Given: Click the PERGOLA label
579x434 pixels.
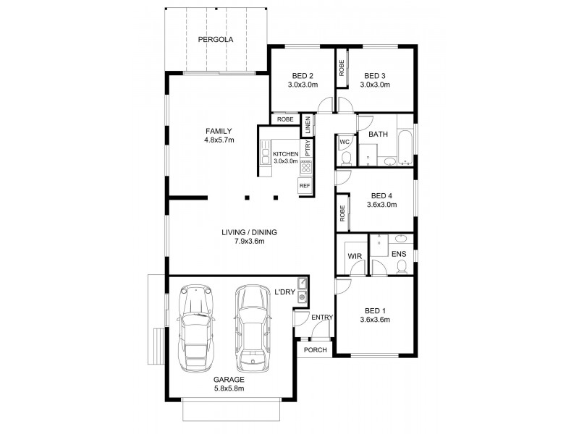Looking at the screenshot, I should tap(217, 40).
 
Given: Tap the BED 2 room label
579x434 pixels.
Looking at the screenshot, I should tap(302, 75).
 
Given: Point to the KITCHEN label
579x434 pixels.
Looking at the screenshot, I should tap(285, 154).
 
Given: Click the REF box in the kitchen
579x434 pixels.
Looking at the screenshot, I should tap(304, 186).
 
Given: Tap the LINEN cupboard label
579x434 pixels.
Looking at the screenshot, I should tap(308, 124).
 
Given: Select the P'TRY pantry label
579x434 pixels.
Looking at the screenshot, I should tap(308, 148).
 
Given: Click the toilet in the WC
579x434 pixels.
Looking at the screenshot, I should tap(345, 158).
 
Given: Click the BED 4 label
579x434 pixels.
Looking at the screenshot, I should tap(380, 195).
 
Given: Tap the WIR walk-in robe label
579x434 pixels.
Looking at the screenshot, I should tap(354, 255).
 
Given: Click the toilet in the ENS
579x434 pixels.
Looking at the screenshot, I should tap(400, 267).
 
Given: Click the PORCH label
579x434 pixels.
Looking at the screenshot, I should tap(314, 350).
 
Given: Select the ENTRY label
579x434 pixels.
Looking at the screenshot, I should tap(321, 318).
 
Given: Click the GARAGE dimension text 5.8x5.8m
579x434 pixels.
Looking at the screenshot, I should tap(229, 388).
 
